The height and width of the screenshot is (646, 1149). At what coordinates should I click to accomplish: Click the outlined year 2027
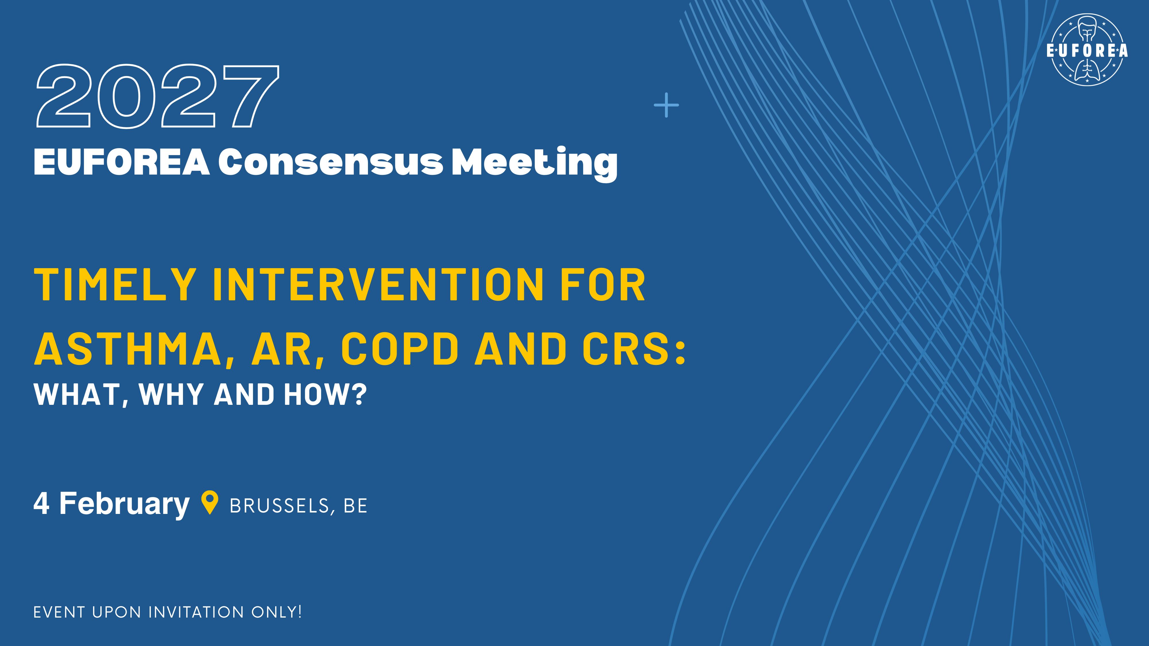[157, 96]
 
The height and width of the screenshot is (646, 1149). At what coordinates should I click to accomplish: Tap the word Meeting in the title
[534, 164]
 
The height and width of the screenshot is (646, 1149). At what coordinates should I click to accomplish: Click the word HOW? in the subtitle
[325, 394]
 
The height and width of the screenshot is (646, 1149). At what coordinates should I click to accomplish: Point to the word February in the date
[124, 504]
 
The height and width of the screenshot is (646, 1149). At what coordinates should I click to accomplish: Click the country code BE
[356, 506]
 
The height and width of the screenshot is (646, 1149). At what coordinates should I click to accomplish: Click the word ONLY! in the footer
[277, 612]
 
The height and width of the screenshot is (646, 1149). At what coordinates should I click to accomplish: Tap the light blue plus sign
[666, 105]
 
